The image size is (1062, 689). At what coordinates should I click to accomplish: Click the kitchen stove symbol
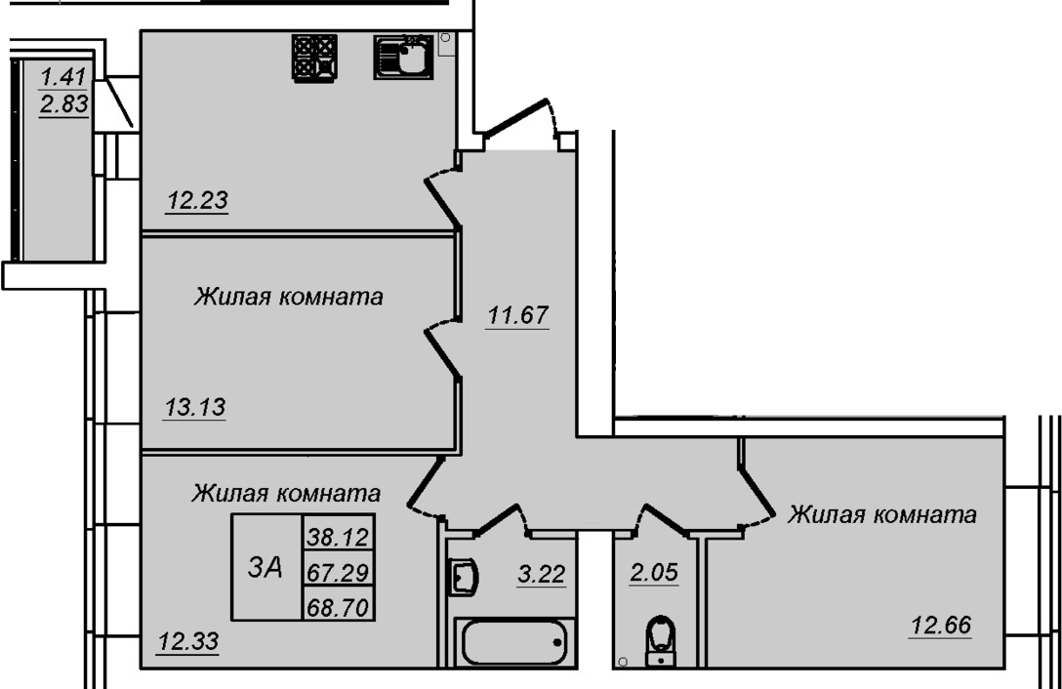click(x=315, y=59)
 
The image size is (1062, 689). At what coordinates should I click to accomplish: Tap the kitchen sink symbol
click(x=404, y=57)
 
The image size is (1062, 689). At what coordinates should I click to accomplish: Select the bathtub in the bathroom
click(x=514, y=641)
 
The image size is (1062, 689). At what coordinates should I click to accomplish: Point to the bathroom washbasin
click(x=464, y=577)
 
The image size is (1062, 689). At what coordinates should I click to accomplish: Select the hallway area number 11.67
click(x=518, y=315)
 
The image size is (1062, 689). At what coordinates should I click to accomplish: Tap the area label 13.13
click(x=195, y=408)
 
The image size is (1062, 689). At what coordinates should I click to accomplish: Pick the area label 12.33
click(x=188, y=641)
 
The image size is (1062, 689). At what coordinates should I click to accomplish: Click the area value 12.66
click(x=941, y=626)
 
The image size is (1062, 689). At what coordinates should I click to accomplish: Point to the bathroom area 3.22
click(x=541, y=575)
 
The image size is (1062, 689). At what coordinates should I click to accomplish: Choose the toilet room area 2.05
click(x=654, y=573)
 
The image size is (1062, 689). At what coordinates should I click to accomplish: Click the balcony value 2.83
click(x=64, y=104)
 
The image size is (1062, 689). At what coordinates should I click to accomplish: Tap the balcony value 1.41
click(x=63, y=76)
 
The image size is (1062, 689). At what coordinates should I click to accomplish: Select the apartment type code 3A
click(x=265, y=568)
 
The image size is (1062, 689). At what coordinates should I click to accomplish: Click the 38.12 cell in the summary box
click(x=338, y=537)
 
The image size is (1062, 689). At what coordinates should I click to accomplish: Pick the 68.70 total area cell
click(x=338, y=608)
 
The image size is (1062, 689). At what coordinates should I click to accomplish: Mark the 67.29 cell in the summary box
click(x=338, y=573)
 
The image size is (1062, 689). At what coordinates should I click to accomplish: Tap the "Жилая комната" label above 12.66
click(x=881, y=515)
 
